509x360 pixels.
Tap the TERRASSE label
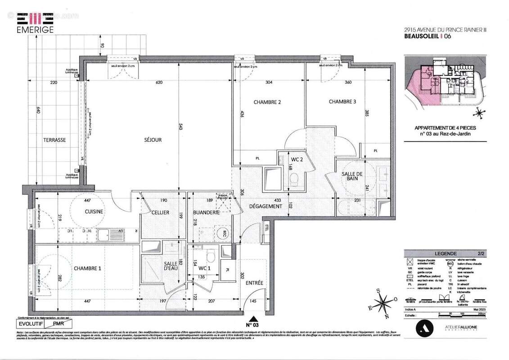coord(54,140)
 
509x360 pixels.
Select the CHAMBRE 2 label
coord(267,102)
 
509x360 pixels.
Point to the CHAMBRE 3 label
coord(342,102)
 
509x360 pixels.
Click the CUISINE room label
coord(94,211)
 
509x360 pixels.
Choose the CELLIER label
coord(160,212)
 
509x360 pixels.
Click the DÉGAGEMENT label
coord(266,207)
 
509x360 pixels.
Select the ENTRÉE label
coord(254,283)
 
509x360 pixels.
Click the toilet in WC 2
coord(294,180)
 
